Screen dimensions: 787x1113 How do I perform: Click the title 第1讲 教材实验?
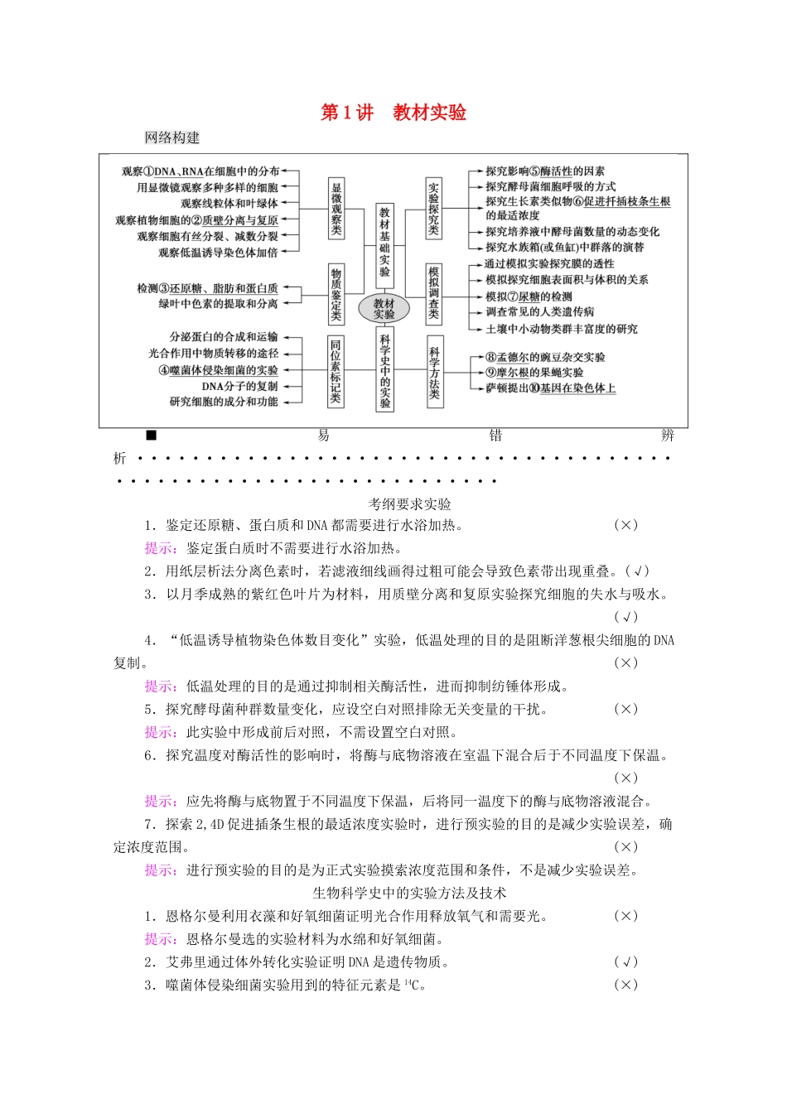pos(393,113)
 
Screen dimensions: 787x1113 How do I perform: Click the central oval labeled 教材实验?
pos(384,309)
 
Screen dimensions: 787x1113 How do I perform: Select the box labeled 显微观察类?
pos(336,208)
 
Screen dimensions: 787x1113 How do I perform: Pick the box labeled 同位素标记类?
pos(336,371)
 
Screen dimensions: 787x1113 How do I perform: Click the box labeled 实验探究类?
pos(433,208)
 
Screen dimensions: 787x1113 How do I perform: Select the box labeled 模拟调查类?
pos(433,294)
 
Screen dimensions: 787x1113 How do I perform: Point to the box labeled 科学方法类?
pos(434,372)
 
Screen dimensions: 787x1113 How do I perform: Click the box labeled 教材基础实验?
pos(384,242)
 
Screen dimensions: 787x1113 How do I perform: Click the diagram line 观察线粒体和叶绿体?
pos(229,204)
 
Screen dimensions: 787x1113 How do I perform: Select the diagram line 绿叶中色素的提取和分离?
pos(219,304)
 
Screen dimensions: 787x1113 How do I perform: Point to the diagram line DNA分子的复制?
pos(239,387)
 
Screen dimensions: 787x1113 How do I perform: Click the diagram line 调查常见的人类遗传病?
pos(540,312)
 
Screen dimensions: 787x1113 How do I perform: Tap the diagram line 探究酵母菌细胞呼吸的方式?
pos(550,187)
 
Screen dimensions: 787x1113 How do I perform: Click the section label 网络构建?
pos(172,137)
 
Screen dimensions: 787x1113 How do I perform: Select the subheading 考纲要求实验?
pos(410,503)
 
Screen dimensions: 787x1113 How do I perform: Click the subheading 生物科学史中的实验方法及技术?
pos(409,893)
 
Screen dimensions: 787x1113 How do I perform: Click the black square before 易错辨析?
pos(151,436)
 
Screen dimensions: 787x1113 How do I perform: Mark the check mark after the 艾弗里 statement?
pos(625,962)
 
